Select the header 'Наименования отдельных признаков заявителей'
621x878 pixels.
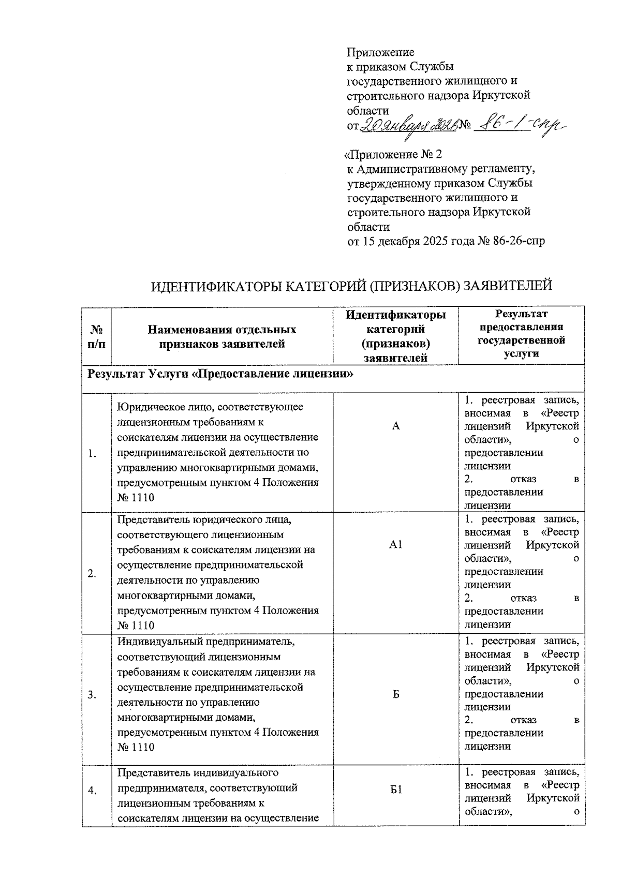point(222,336)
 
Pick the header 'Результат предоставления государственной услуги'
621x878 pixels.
point(521,334)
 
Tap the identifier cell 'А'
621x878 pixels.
point(396,426)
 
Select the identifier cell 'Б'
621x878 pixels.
point(396,694)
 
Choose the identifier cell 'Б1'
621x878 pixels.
point(396,790)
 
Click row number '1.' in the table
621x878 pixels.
point(92,454)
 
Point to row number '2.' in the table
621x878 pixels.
point(92,574)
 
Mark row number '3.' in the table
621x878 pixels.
point(92,695)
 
